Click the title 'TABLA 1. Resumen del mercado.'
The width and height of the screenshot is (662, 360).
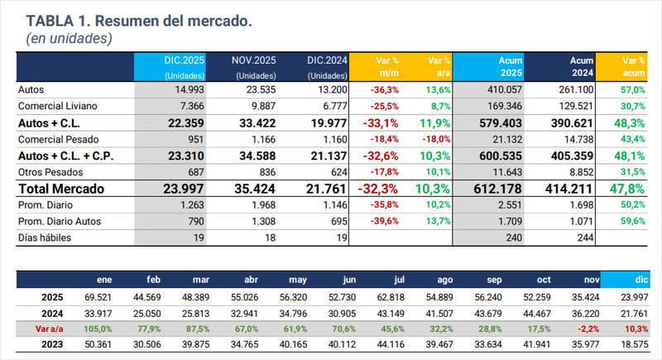(139, 19)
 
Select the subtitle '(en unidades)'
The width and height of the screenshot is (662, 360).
(70, 37)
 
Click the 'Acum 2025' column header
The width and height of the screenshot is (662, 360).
(484, 66)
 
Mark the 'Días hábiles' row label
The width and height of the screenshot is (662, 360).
(46, 238)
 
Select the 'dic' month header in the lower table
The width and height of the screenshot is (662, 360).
(642, 280)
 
